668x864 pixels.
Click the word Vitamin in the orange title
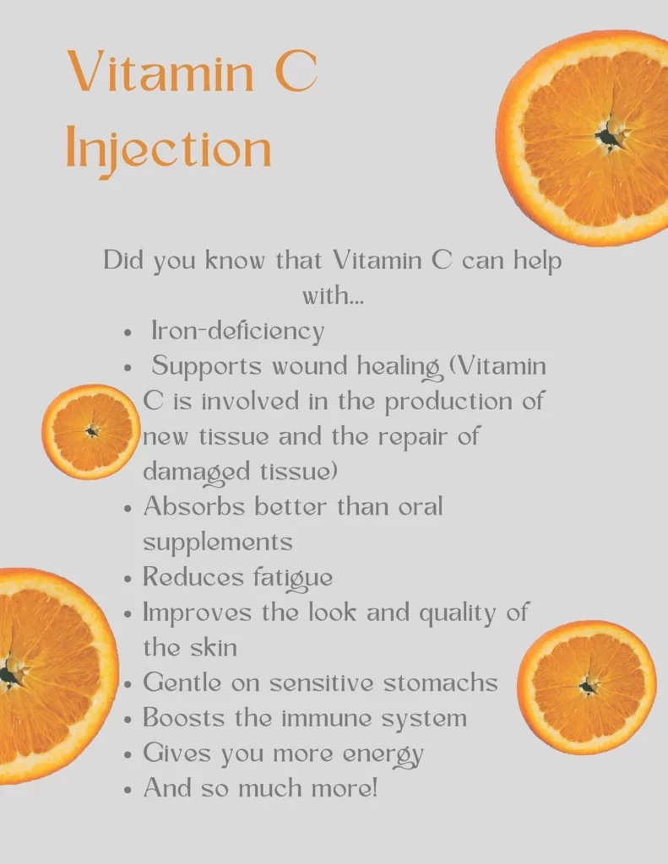tap(160, 72)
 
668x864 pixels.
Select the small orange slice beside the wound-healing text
tap(91, 431)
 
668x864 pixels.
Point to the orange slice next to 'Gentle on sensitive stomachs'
tap(587, 687)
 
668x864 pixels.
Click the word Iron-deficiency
tap(238, 331)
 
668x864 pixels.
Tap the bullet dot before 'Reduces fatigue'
tap(128, 580)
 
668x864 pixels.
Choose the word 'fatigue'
tap(293, 578)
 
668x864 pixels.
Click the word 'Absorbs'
tap(193, 506)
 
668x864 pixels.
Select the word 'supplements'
tap(218, 543)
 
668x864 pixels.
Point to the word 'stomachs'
tap(441, 682)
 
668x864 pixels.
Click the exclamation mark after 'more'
tap(375, 787)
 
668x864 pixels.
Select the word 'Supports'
tap(206, 366)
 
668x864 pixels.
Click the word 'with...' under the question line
tap(334, 296)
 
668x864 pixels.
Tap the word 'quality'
tap(458, 613)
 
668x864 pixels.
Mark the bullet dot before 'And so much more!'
tap(128, 790)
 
